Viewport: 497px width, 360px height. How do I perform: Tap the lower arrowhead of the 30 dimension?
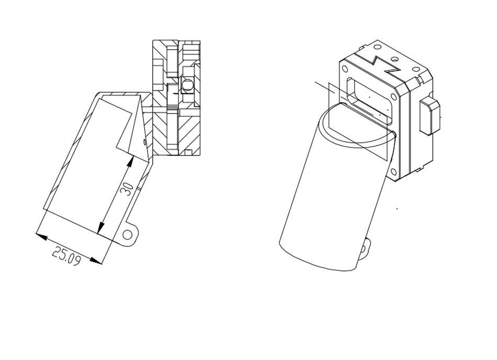101,227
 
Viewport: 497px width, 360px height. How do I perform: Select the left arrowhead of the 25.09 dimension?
41,236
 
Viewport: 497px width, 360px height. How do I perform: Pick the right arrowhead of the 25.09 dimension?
96,261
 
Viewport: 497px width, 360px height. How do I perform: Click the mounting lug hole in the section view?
128,235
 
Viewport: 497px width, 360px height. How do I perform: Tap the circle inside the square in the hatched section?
187,85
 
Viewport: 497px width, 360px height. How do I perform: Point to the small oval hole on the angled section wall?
145,141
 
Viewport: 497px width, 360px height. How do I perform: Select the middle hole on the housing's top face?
394,59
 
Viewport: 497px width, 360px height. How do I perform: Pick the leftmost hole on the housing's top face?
377,47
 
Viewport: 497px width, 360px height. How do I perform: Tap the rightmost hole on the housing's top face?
415,69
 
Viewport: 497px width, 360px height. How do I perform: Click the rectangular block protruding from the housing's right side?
430,116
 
